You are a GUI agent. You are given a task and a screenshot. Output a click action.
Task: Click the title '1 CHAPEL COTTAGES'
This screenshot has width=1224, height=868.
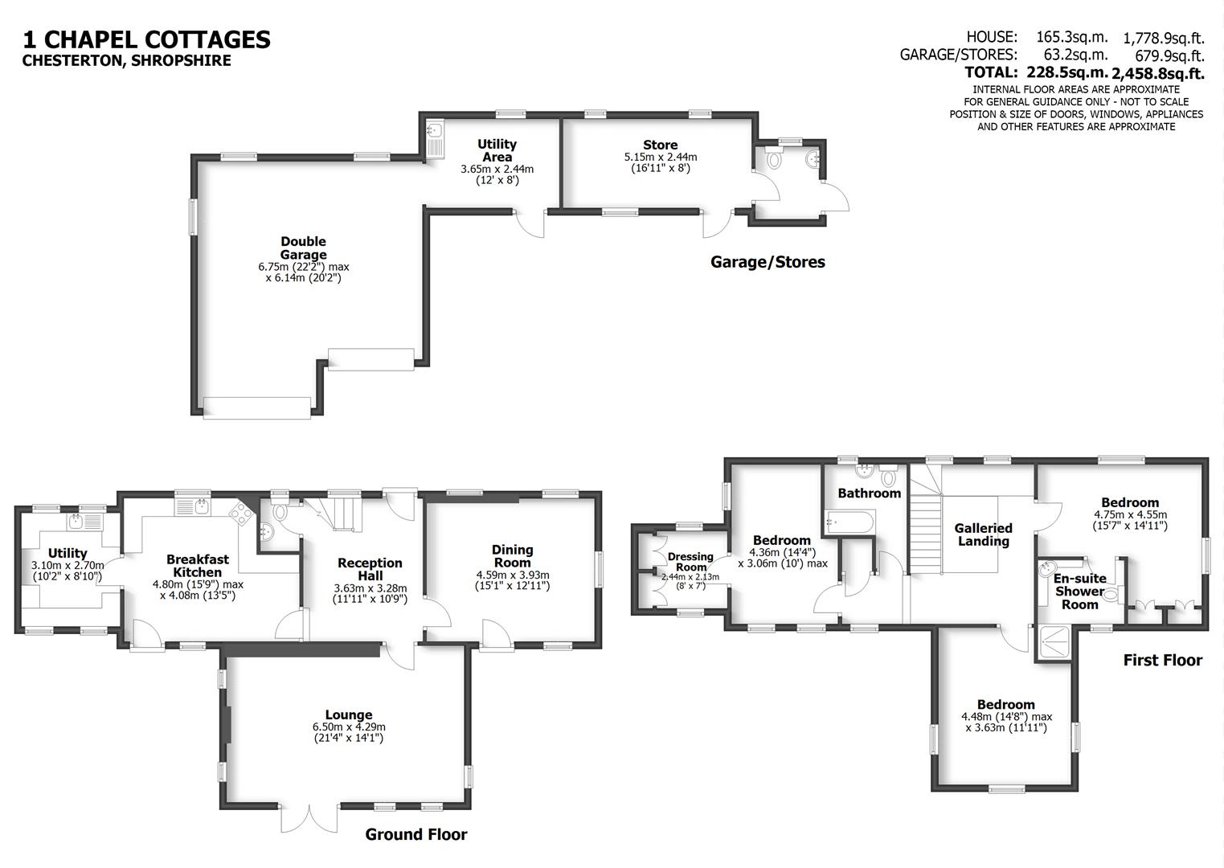(x=146, y=39)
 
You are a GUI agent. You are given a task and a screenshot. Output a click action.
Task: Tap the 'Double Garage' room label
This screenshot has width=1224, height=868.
(x=303, y=248)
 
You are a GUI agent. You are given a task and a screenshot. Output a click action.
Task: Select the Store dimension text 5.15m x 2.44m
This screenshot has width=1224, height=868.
(x=660, y=157)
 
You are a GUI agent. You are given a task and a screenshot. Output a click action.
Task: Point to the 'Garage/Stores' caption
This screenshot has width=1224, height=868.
(x=768, y=262)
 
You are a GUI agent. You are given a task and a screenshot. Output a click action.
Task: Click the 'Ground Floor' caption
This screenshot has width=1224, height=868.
(x=416, y=834)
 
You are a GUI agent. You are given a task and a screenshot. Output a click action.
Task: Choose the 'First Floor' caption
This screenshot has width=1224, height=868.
(x=1162, y=660)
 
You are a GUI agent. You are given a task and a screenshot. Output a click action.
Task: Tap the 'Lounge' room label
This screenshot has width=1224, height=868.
(x=348, y=714)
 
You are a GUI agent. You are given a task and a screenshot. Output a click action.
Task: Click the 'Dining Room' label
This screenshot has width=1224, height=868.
(x=512, y=556)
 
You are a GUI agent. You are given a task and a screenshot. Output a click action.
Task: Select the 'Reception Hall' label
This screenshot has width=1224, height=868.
(x=370, y=569)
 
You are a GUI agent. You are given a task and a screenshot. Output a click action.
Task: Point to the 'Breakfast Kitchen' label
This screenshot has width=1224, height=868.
(x=198, y=566)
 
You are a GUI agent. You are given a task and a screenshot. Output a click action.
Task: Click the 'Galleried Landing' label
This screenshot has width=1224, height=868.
(x=983, y=534)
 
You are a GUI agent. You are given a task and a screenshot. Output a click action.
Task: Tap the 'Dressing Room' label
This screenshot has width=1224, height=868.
(x=690, y=561)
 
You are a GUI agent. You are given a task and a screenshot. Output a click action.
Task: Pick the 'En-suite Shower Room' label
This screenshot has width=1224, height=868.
(x=1079, y=591)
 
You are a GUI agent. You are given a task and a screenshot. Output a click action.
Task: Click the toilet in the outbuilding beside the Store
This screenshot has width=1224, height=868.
(x=774, y=160)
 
